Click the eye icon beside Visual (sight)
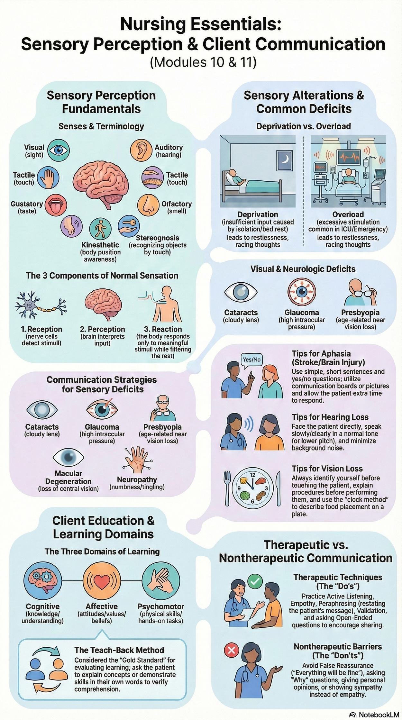pos(58,150)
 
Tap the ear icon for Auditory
pos(141,150)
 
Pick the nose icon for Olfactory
pos(148,205)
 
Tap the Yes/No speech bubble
pos(252,360)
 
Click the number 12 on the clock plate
pos(253,475)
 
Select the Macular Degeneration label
pos(68,477)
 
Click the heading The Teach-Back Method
pos(119,650)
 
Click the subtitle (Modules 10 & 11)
pos(203,62)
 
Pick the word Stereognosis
pos(158,238)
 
